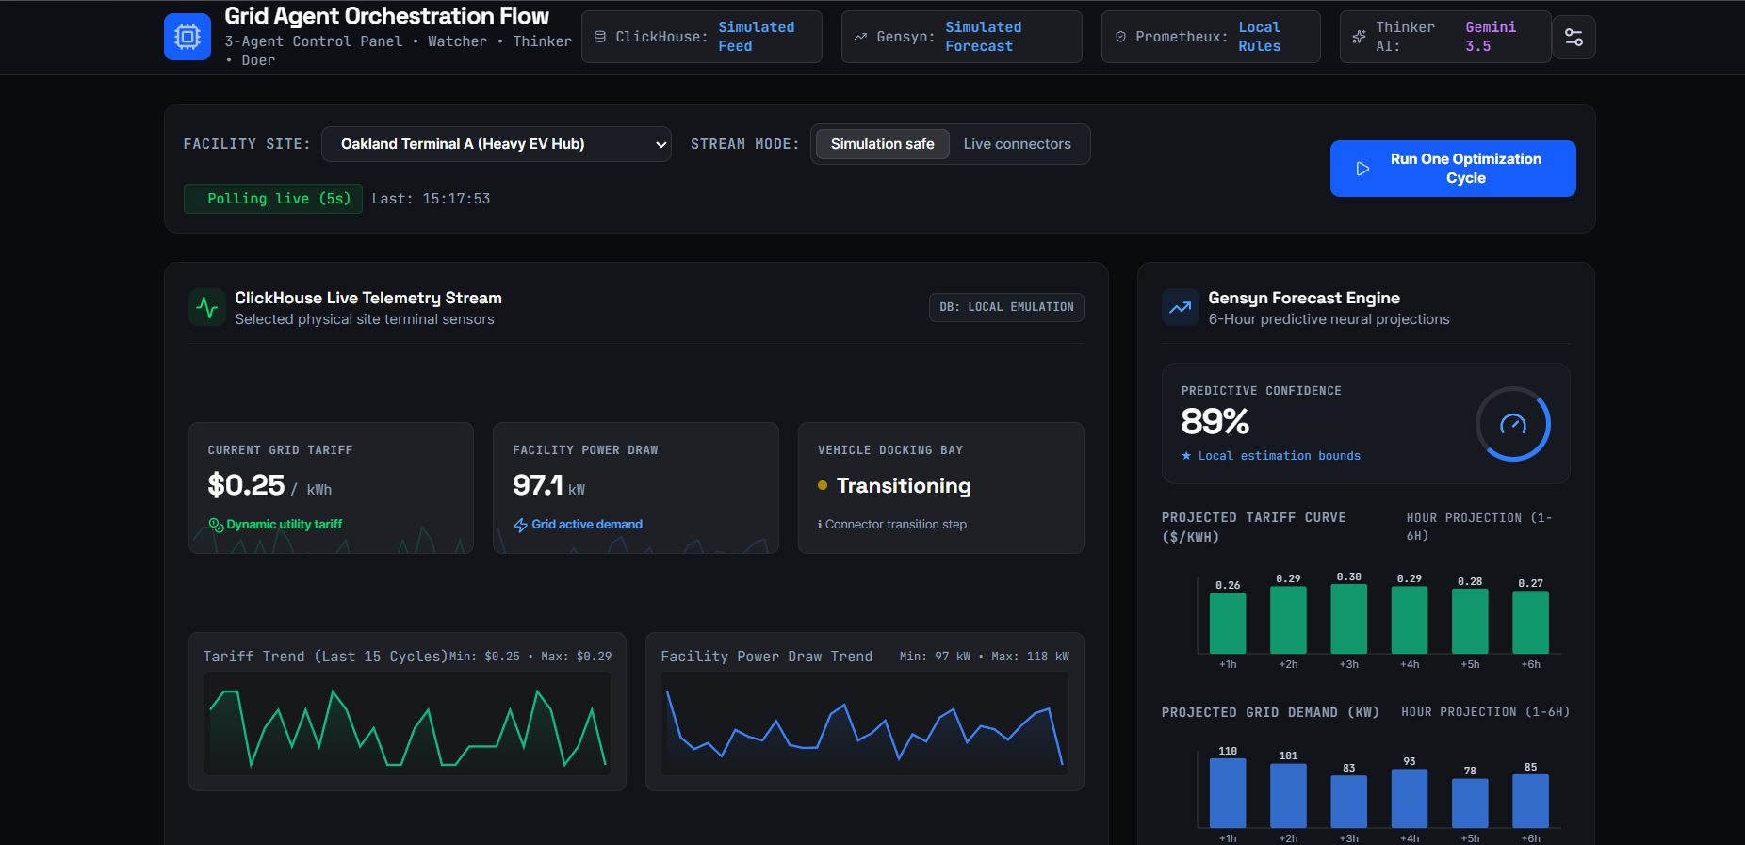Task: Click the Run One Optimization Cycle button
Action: [x=1452, y=169]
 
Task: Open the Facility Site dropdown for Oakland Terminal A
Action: [x=496, y=144]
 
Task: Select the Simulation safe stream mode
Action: [x=882, y=144]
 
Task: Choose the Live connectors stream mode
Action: [x=1017, y=144]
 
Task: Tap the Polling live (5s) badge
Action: [x=272, y=199]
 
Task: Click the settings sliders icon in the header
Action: [x=1574, y=37]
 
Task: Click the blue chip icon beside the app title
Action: [x=188, y=37]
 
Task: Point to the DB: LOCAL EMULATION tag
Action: [x=1006, y=307]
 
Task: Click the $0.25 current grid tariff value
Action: [x=246, y=485]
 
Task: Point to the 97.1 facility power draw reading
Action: [x=537, y=485]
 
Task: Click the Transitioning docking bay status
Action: [x=904, y=486]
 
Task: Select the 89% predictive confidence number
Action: [x=1215, y=421]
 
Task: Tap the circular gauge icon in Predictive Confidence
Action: [x=1513, y=424]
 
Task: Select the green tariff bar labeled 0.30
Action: [x=1348, y=619]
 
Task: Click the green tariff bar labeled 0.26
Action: [x=1228, y=624]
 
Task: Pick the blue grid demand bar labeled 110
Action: [x=1228, y=793]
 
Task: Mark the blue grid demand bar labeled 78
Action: [x=1470, y=804]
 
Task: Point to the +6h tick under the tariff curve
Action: [x=1530, y=664]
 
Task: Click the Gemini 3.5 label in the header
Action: [x=1491, y=37]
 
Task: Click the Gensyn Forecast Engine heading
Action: [x=1304, y=298]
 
